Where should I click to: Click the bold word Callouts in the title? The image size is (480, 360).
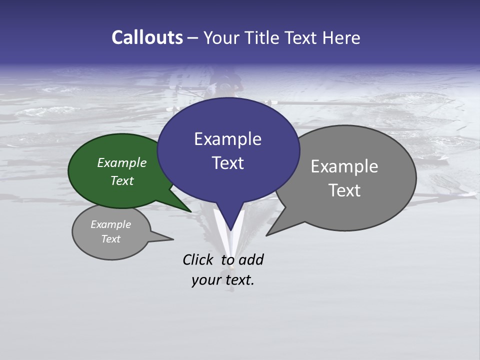click(147, 37)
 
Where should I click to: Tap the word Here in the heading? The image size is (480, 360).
click(341, 37)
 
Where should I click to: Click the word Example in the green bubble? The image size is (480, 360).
click(122, 162)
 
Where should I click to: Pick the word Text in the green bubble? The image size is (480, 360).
click(122, 180)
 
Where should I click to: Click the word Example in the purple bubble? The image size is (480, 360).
click(227, 139)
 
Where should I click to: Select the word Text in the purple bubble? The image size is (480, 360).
click(227, 163)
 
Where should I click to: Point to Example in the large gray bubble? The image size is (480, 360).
click(344, 166)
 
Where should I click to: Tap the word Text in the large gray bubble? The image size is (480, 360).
click(344, 190)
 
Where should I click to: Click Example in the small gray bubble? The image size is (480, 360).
click(111, 224)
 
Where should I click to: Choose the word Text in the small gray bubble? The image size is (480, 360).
click(111, 239)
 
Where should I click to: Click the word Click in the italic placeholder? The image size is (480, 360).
click(198, 259)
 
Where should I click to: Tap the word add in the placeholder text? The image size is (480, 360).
click(250, 259)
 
